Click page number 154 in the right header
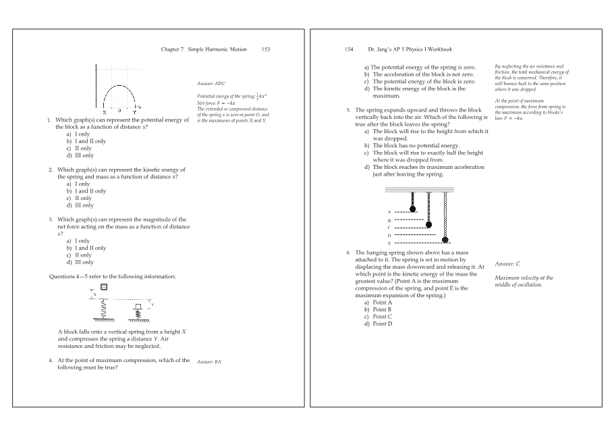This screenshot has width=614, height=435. point(349,49)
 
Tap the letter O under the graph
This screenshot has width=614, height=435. point(119,110)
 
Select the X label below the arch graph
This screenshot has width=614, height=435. point(105,110)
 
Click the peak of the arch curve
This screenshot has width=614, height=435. point(119,86)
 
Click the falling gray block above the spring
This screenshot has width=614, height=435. point(103,286)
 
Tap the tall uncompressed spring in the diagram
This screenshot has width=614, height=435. point(103,309)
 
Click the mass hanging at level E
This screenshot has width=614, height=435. point(445,239)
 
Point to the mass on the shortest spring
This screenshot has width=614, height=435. point(412,209)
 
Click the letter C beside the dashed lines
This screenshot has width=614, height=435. point(389,228)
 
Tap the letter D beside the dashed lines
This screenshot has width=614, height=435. point(389,235)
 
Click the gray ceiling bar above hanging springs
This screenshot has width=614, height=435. point(419,190)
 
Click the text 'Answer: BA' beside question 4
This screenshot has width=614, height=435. point(208,362)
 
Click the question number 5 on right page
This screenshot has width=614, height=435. point(348,109)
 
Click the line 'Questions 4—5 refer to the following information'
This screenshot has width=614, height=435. point(113,276)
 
